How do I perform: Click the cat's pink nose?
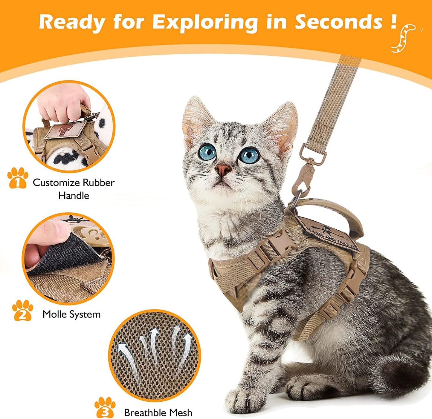(223, 170)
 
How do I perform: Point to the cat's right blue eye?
(250, 155)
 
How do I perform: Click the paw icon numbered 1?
(18, 178)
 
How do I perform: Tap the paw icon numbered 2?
(22, 311)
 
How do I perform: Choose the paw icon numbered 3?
(105, 407)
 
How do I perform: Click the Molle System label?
(71, 314)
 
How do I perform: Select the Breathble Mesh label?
(158, 412)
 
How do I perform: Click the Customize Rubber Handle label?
(73, 189)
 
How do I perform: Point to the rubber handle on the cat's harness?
(335, 211)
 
